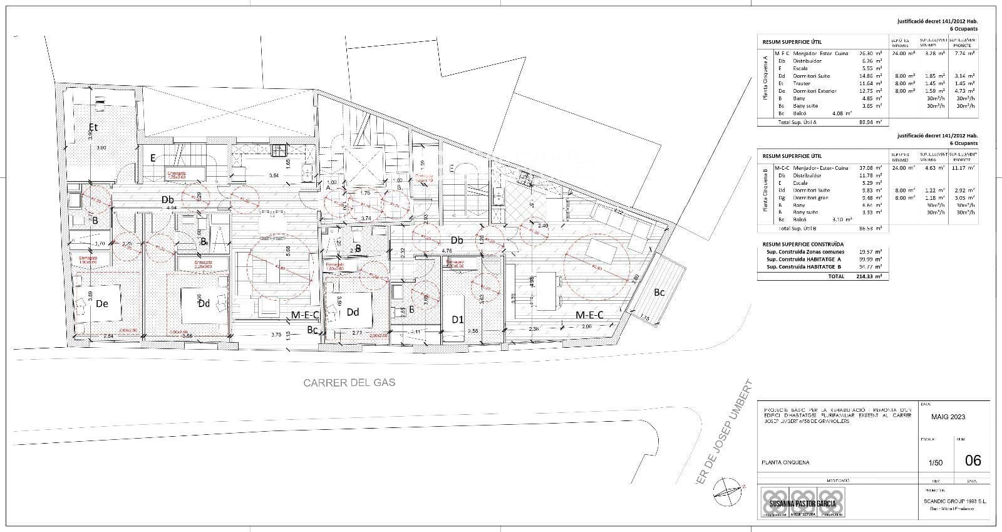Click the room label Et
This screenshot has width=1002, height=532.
[93, 127]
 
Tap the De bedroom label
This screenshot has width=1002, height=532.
[102, 303]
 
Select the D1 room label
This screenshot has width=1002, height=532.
[458, 320]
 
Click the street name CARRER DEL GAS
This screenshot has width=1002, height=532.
[349, 382]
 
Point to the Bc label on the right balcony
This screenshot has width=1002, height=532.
[659, 292]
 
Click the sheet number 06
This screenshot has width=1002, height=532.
[973, 461]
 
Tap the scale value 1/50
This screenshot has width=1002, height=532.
[935, 463]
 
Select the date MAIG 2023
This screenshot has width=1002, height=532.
[948, 417]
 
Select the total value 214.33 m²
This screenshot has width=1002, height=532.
[869, 276]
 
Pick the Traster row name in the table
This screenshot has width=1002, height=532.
[802, 83]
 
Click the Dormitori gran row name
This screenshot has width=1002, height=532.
[811, 197]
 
